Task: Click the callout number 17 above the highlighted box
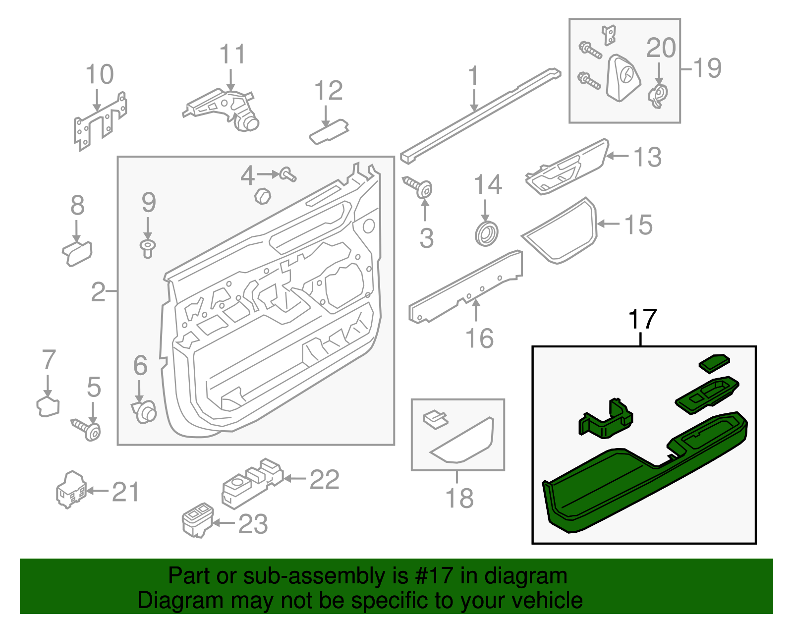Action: (642, 320)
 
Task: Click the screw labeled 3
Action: (419, 187)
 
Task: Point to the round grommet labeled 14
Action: (487, 234)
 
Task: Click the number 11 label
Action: (232, 55)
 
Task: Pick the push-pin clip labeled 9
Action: (147, 247)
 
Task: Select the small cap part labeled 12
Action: (329, 131)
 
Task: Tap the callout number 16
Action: (479, 339)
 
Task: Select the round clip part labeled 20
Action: (658, 95)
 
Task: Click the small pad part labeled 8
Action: (77, 253)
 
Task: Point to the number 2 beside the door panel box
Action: (98, 292)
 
